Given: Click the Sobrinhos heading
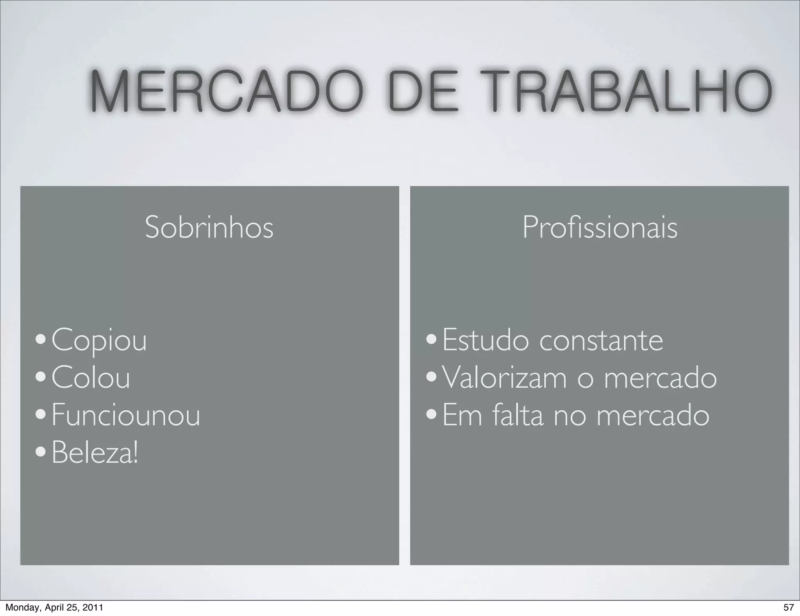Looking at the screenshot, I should (209, 227).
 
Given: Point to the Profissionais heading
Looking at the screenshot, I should (600, 227).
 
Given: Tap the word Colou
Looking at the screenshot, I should (91, 378).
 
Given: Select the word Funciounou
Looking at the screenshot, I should (126, 415).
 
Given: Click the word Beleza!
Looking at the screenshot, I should (95, 453).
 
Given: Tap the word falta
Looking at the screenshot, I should (518, 415).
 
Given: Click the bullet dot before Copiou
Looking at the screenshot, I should (40, 340).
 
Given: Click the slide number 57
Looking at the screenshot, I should (788, 607).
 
